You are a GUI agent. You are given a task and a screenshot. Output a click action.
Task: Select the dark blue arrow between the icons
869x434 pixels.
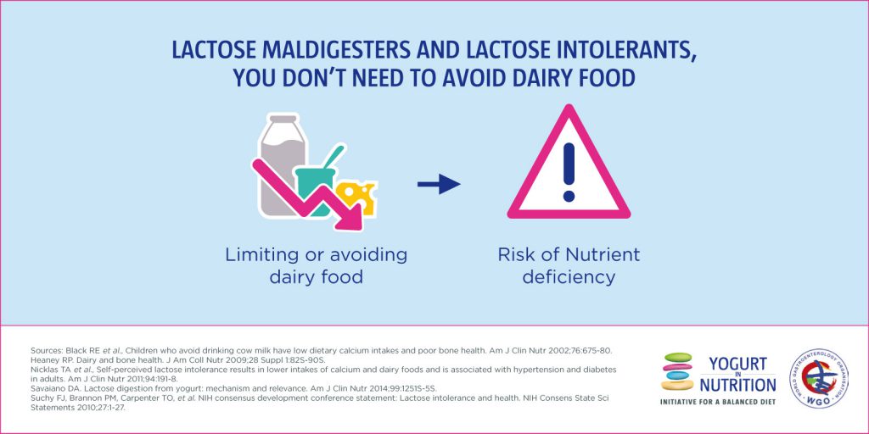click(438, 184)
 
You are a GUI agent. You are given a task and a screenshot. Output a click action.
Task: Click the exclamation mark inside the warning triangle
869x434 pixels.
click(568, 170)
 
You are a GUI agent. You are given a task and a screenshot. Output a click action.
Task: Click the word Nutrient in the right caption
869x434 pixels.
click(604, 254)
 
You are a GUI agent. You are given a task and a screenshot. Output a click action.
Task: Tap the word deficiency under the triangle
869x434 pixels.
click(569, 276)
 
